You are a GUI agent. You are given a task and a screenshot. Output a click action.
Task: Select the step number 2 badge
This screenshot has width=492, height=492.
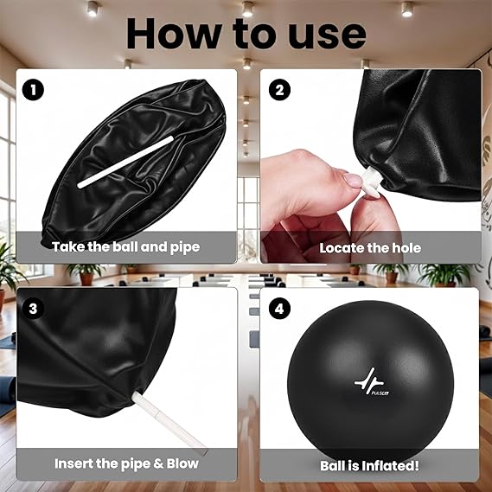tap(280, 88)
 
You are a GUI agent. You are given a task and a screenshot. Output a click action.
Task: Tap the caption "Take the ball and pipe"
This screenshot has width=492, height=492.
tap(125, 247)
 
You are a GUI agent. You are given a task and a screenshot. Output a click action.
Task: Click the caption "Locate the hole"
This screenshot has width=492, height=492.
tap(370, 247)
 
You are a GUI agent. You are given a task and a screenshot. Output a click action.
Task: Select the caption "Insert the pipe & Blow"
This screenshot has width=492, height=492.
tap(125, 463)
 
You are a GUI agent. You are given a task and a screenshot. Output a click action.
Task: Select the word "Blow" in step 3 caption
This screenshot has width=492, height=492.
tap(180, 463)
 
